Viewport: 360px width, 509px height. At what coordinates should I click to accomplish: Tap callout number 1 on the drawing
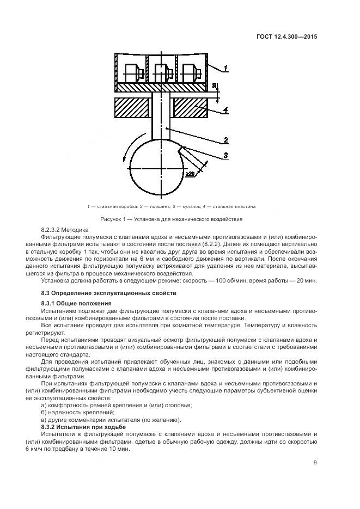click(225, 68)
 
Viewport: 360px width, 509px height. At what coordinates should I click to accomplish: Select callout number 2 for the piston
click(225, 140)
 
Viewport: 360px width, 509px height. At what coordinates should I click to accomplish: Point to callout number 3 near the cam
click(225, 156)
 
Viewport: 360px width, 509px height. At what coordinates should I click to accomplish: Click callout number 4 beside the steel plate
click(225, 110)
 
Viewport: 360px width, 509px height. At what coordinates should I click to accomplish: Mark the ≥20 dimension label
click(191, 173)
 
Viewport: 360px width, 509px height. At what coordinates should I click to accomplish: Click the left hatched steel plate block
click(132, 107)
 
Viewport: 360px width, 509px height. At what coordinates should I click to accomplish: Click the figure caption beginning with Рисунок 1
click(171, 219)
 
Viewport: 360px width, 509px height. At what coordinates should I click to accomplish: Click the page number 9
click(315, 463)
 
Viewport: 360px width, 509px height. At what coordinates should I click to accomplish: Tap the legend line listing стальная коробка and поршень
click(171, 207)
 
